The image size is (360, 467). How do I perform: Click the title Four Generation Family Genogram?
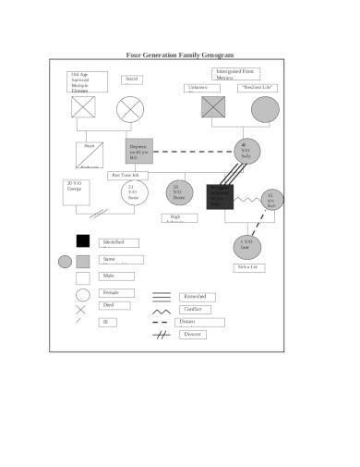(180, 55)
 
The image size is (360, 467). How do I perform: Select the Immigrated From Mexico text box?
(235, 74)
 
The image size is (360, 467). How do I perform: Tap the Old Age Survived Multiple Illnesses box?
(87, 81)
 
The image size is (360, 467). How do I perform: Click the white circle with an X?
(130, 109)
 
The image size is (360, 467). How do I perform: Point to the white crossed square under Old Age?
(83, 108)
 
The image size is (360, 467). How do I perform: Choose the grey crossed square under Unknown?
(213, 108)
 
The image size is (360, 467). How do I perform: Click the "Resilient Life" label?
(258, 88)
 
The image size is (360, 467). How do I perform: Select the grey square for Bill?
(138, 151)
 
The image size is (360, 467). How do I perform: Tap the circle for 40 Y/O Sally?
(246, 151)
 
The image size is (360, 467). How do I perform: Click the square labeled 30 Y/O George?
(76, 191)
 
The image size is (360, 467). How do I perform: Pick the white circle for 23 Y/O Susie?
(133, 192)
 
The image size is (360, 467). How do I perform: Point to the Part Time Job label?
(125, 175)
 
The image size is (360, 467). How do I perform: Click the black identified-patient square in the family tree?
(221, 196)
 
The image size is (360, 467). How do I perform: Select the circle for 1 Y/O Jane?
(246, 247)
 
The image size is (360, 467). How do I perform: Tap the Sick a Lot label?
(247, 266)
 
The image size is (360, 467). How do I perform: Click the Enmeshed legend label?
(197, 296)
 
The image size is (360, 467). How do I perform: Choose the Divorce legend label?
(193, 334)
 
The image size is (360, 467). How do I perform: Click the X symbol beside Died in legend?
(80, 310)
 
